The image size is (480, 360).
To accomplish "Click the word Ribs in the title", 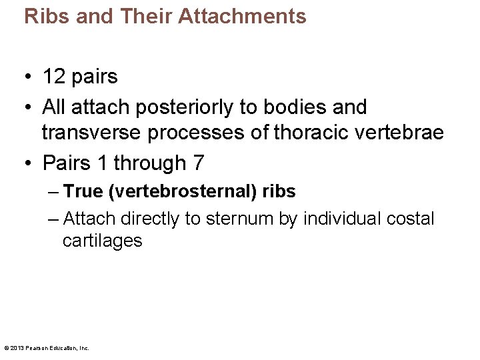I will point(47,16).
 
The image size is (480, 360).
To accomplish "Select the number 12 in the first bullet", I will point(53,77).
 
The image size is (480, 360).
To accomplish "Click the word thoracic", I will point(311,133).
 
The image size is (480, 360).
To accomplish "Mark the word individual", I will point(337,219).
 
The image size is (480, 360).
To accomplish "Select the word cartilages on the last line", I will point(102,241).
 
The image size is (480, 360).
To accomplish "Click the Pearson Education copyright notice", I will point(47,347).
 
